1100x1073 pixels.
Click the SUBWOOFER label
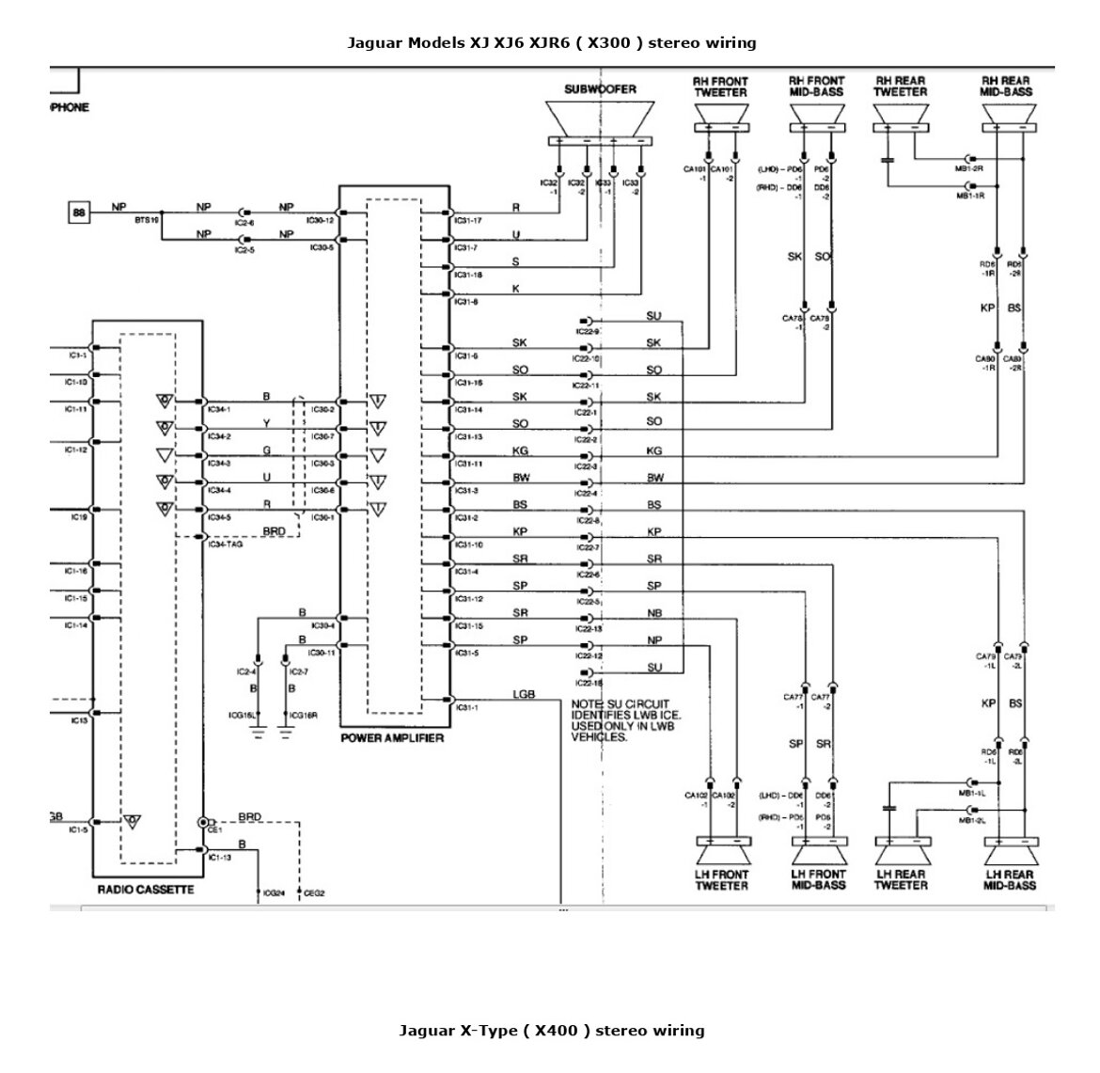(x=600, y=89)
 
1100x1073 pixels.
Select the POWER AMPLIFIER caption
(x=392, y=738)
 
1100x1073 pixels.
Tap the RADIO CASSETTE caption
(x=146, y=890)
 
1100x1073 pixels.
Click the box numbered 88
(x=79, y=213)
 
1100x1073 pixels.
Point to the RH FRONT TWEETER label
(x=721, y=87)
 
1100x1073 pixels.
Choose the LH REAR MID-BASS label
(x=1010, y=879)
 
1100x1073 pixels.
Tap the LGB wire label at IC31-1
(x=524, y=695)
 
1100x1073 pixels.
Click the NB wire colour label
(x=654, y=613)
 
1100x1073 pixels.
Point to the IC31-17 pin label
(x=468, y=222)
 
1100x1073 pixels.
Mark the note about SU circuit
(x=621, y=719)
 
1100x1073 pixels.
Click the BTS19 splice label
(x=148, y=218)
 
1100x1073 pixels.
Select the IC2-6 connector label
(x=244, y=224)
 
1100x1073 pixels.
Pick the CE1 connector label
(x=214, y=831)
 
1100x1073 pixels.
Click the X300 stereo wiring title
(x=551, y=42)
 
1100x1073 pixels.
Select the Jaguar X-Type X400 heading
(x=551, y=1030)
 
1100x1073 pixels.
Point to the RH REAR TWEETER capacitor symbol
(x=887, y=160)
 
